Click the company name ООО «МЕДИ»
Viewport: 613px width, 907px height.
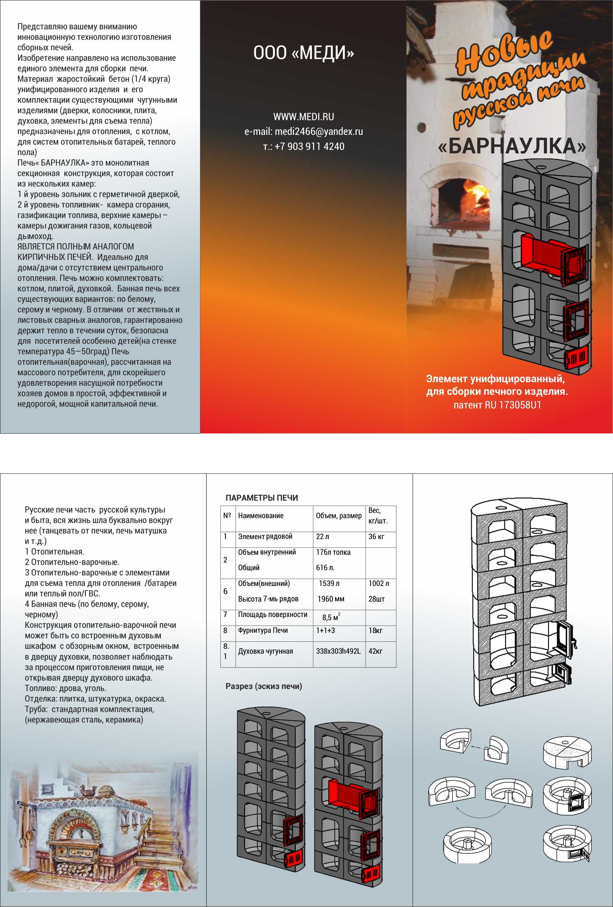tap(304, 53)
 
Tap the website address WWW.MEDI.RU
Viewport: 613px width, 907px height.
tap(304, 117)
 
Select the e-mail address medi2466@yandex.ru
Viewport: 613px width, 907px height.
tap(319, 131)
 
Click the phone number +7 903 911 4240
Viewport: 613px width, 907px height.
tap(309, 147)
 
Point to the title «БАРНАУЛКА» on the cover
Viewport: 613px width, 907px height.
tap(512, 146)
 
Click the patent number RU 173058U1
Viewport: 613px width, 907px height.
tap(513, 405)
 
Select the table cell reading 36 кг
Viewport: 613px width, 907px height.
tap(376, 537)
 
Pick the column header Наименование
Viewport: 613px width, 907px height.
tap(261, 516)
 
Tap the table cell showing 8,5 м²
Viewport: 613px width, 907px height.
tap(331, 617)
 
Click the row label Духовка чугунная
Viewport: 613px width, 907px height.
tap(265, 651)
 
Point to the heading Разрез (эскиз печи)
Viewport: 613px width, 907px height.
tap(264, 686)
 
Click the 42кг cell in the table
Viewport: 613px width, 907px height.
tap(375, 651)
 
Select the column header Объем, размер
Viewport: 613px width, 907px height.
tap(339, 516)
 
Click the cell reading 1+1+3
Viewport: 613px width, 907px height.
tap(326, 630)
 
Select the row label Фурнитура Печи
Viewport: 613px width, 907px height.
tap(263, 630)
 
